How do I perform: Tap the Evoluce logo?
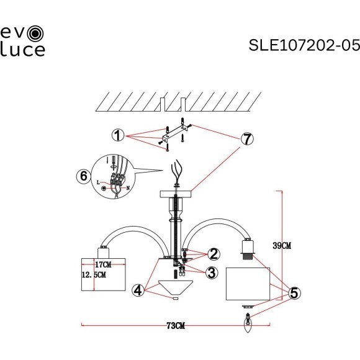coord(22,40)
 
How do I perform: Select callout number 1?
coord(116,135)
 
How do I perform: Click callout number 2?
coord(214,254)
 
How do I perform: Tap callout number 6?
coord(82,176)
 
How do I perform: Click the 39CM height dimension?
coord(282,246)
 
